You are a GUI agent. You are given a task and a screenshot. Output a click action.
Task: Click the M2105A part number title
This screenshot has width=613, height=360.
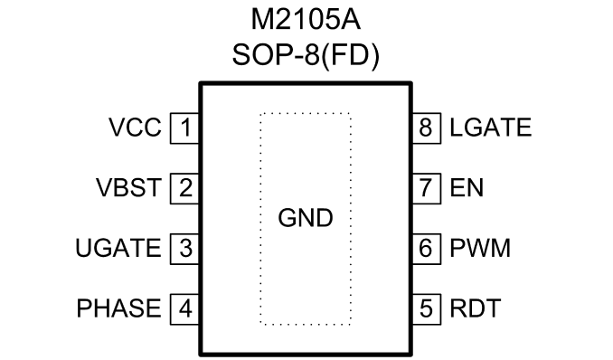306,20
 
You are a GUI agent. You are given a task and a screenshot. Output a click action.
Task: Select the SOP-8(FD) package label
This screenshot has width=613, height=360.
306,55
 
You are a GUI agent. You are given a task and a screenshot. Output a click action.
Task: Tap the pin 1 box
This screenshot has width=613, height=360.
185,128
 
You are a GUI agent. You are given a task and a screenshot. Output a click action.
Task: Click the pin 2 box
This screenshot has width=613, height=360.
185,188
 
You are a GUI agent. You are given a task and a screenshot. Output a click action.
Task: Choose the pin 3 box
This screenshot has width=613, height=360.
185,249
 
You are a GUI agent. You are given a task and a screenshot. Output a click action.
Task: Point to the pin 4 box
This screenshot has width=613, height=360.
185,308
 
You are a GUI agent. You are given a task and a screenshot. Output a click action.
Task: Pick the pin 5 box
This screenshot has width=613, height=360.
427,308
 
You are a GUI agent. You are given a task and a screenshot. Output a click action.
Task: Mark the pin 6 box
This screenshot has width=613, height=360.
427,249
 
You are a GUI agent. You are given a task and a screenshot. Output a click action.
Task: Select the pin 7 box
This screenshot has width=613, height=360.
427,188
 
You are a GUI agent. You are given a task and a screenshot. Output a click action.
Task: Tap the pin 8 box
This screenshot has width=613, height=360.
427,128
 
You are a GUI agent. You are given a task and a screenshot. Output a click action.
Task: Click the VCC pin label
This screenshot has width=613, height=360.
135,128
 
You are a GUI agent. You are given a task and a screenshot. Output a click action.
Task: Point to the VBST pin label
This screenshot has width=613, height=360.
128,188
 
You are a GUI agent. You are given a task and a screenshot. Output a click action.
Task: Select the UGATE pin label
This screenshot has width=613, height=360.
118,248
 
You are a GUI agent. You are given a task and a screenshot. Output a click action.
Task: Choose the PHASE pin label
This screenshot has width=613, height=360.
118,308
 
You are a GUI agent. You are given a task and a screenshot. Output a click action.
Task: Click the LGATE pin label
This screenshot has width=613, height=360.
491,128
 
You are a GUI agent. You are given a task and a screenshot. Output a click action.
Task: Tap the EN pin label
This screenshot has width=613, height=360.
467,188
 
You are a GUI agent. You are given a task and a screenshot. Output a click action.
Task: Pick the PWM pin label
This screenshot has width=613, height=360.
480,248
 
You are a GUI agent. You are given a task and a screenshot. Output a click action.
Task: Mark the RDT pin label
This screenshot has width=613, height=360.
476,308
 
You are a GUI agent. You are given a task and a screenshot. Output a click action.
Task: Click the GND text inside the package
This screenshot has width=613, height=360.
306,218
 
